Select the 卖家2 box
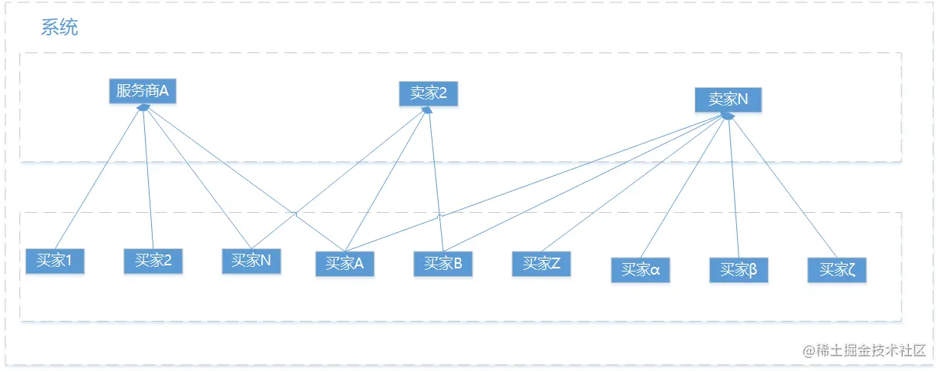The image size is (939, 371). (428, 94)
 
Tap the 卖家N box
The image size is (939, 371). (728, 99)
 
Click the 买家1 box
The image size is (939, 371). (54, 261)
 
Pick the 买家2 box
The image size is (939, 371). (153, 261)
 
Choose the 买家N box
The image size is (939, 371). (251, 261)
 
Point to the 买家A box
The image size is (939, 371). (344, 264)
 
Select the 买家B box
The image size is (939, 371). (443, 264)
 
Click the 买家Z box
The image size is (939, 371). (541, 264)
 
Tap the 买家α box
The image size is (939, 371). (640, 270)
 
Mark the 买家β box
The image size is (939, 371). (738, 270)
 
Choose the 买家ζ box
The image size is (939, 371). (836, 270)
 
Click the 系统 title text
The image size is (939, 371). (59, 29)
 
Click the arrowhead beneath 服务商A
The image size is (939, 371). (143, 108)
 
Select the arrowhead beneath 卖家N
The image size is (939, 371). (726, 116)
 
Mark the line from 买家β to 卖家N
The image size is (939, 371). (732, 185)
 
